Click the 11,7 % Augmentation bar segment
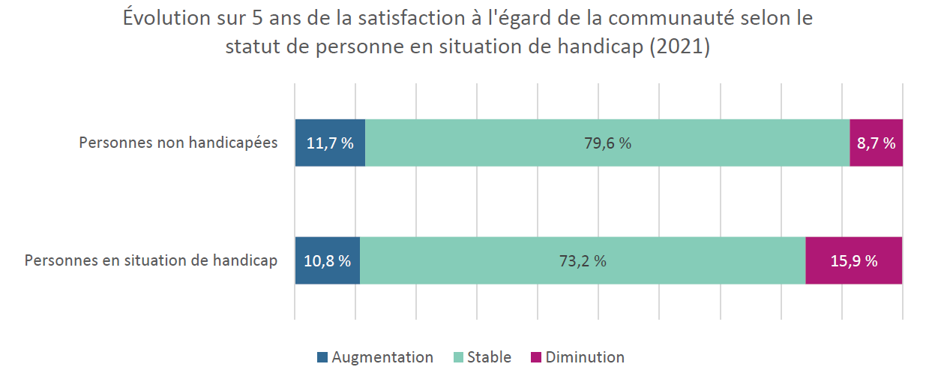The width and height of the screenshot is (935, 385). (x=330, y=143)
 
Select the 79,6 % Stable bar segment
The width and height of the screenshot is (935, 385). (x=608, y=143)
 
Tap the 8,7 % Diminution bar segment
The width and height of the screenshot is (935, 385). (x=877, y=143)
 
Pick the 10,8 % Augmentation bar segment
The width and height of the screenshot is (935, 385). (x=328, y=260)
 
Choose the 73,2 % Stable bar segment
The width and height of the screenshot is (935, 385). (x=583, y=260)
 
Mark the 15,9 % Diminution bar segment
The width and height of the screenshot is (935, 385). (x=854, y=260)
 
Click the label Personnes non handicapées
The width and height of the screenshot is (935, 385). (x=178, y=143)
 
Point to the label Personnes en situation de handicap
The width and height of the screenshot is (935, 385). (x=151, y=260)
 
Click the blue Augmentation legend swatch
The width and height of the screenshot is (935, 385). (x=322, y=357)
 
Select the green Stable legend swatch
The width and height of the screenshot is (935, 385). (x=458, y=357)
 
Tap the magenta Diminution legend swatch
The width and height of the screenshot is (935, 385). (x=536, y=357)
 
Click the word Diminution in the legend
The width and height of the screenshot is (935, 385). (x=585, y=357)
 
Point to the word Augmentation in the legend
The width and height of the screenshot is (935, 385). (x=382, y=358)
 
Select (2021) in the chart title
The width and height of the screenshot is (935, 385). (x=679, y=47)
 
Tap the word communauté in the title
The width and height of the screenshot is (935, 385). (x=671, y=18)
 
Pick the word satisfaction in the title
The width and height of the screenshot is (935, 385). (x=412, y=18)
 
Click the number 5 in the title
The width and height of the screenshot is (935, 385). (x=257, y=18)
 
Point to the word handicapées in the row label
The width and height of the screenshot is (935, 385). (x=233, y=143)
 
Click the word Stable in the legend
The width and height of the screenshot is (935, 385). (x=489, y=357)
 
